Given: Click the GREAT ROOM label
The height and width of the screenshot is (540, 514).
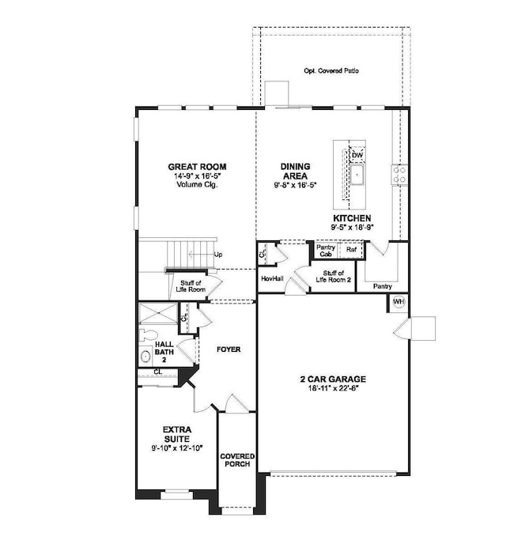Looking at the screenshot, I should point(197,166).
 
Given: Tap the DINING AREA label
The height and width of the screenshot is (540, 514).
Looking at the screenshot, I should point(295,171).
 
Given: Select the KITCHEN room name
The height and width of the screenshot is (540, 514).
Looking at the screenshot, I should point(352,217).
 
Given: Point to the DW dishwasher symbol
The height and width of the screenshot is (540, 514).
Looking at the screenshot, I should point(346,155).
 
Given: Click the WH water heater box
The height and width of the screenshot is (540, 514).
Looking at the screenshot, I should point(399,301).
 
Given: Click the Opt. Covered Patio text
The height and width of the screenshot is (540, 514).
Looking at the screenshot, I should point(331,71).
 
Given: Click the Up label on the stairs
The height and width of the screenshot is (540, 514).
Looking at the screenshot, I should point(218,255).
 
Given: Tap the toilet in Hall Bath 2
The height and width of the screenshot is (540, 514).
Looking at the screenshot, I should point(146,335).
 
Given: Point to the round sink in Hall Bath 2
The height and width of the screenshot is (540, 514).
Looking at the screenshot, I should point(146,357).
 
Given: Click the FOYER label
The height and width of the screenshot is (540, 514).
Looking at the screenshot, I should point(229,349).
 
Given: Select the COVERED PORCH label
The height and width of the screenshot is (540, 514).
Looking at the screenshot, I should point(236,460).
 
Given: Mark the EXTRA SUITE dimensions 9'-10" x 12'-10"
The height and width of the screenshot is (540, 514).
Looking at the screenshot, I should point(176,447).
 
